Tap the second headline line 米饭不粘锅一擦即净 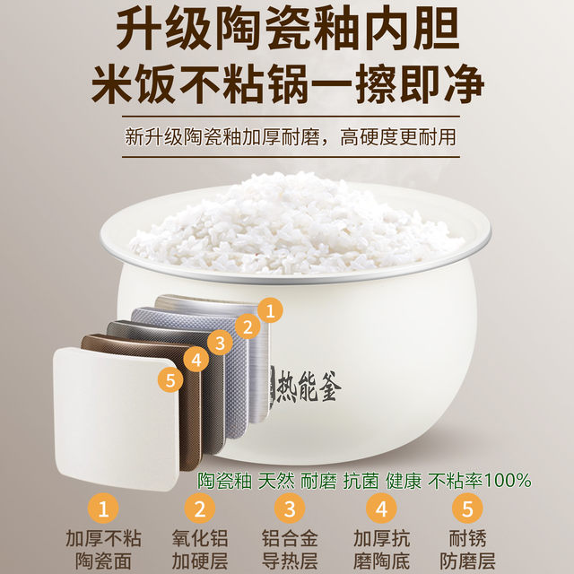coord(287,87)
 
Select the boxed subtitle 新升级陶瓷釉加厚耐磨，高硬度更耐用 coord(290,138)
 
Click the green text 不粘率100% coord(479,480)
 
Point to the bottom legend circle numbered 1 coord(103,510)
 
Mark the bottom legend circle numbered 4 coord(380,510)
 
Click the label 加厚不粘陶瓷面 coord(104,550)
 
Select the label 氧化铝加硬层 coord(196,550)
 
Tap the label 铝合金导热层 coord(289,550)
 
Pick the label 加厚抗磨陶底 coord(380,550)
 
